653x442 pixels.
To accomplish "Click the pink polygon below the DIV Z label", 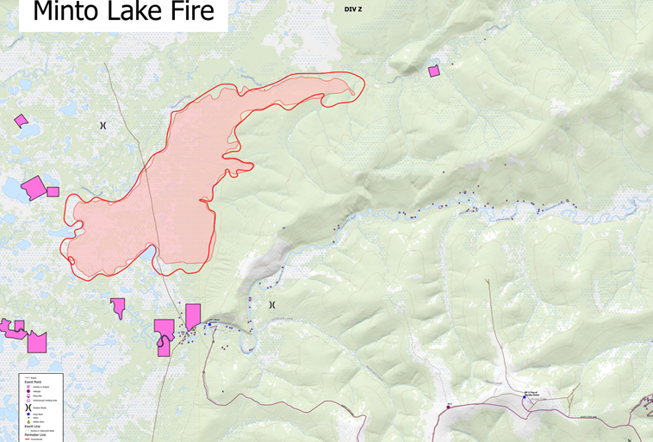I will pos(434,71).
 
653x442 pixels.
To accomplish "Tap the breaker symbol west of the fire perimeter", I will pos(103,126).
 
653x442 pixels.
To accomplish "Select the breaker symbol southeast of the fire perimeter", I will pos(272,305).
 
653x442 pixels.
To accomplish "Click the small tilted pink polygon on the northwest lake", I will pos(21,121).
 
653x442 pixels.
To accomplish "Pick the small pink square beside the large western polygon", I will pos(53,191).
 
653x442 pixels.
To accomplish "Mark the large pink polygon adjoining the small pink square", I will pos(34,187).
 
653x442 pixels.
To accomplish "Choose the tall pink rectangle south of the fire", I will pos(193,315).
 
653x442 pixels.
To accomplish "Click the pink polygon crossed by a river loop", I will pos(163,336).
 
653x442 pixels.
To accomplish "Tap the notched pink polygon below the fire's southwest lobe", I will pos(118,308).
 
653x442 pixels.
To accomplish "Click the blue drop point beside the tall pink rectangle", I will pos(208,325).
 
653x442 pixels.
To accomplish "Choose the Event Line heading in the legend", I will pos(34,425).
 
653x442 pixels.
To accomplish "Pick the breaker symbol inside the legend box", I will pos(28,403).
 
